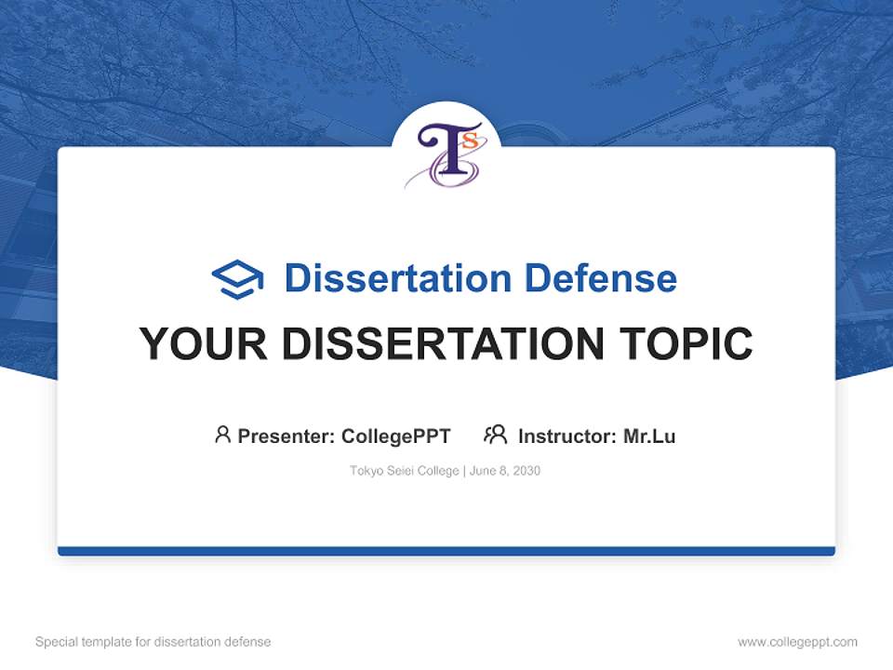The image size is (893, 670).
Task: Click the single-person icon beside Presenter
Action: pyautogui.click(x=222, y=435)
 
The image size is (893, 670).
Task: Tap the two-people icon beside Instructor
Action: pyautogui.click(x=495, y=435)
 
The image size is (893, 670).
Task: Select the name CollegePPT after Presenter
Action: pyautogui.click(x=395, y=435)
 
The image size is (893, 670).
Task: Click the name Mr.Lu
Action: pyautogui.click(x=649, y=435)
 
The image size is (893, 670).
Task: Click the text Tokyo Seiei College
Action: pyautogui.click(x=404, y=471)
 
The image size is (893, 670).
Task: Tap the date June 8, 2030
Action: pyautogui.click(x=505, y=471)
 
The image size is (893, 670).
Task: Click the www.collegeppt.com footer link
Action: pyautogui.click(x=797, y=642)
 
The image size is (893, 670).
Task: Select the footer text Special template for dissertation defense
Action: pyautogui.click(x=153, y=642)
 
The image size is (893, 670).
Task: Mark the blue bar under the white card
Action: pyautogui.click(x=446, y=551)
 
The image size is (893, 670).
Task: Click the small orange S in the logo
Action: pyautogui.click(x=470, y=141)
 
